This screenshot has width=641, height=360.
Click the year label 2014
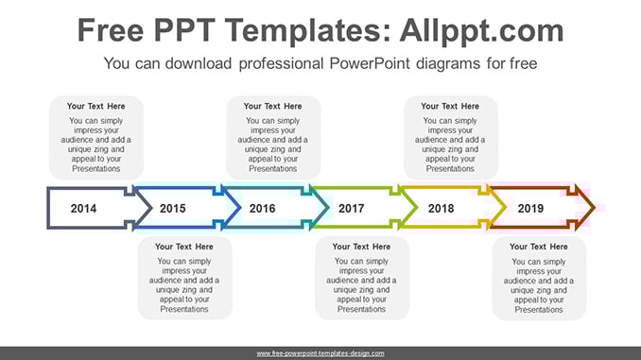(x=83, y=209)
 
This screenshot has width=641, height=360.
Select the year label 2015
(x=172, y=209)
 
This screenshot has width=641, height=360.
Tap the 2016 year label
(x=262, y=209)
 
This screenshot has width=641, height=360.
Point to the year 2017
(x=351, y=209)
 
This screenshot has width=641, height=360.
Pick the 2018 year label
(x=441, y=209)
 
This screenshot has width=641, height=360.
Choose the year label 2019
(x=530, y=209)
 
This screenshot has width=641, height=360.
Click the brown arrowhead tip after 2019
(x=595, y=208)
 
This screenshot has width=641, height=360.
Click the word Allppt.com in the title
(x=481, y=31)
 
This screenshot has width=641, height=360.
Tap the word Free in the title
(x=111, y=31)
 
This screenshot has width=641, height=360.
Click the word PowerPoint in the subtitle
(x=370, y=63)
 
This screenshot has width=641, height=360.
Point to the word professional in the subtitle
(x=281, y=64)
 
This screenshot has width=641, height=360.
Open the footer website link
(x=320, y=353)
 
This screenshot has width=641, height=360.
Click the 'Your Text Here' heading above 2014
(x=96, y=106)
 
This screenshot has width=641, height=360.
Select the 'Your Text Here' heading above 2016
(x=272, y=106)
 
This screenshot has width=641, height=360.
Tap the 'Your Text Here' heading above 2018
(x=450, y=106)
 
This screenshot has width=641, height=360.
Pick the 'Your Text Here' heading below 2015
(x=184, y=247)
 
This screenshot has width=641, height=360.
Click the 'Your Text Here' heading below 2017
(x=361, y=247)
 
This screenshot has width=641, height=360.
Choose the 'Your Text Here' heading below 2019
(x=538, y=247)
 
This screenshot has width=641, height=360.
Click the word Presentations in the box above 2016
(x=272, y=169)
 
